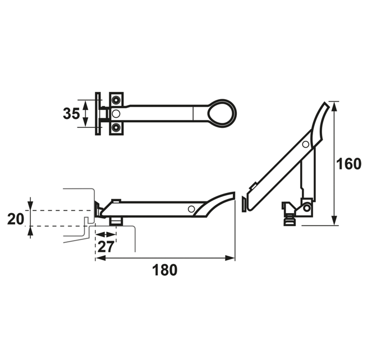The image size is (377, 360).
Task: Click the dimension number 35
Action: (x=71, y=113)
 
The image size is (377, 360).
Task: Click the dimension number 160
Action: (x=348, y=164)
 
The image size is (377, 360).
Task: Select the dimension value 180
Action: (x=165, y=270)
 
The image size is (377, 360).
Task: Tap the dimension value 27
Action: (x=106, y=246)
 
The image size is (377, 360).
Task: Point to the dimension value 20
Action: (x=16, y=219)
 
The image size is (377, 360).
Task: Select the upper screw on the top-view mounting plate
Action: (x=116, y=99)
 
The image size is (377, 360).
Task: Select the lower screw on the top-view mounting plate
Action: (x=116, y=127)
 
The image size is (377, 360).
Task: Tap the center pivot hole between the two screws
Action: (x=116, y=114)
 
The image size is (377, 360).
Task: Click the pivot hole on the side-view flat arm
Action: (x=191, y=209)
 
